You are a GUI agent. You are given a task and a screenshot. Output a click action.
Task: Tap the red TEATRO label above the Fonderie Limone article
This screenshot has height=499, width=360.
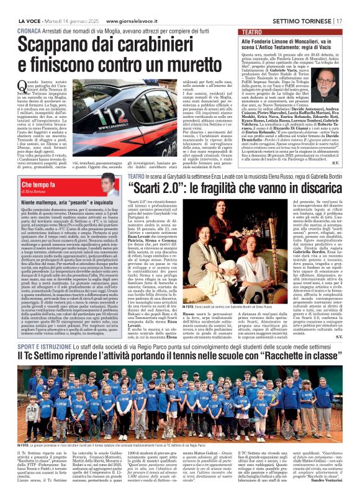coord(252,31)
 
